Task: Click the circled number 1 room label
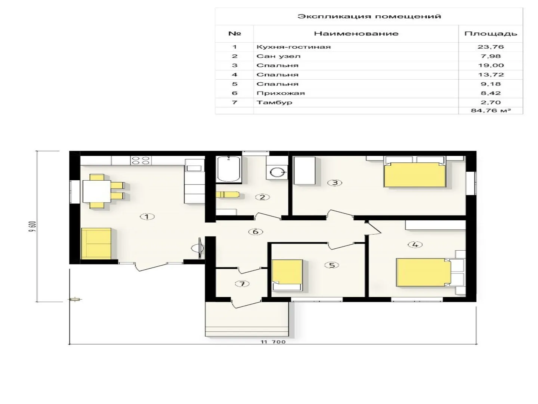click(147, 217)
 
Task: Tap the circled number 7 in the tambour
click(242, 284)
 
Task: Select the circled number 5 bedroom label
click(332, 265)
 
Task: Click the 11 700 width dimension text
click(273, 342)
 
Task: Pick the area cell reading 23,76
click(491, 47)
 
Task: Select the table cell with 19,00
click(491, 65)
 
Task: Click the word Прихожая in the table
click(281, 93)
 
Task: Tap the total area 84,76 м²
click(491, 111)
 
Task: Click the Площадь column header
click(491, 34)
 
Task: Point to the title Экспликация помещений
click(369, 16)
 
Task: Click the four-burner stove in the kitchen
click(141, 160)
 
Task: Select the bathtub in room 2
click(228, 169)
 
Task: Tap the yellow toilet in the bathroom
click(228, 195)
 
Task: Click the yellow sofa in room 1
click(96, 243)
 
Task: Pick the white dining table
click(97, 191)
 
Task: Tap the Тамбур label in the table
click(274, 102)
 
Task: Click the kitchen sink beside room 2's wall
click(194, 168)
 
